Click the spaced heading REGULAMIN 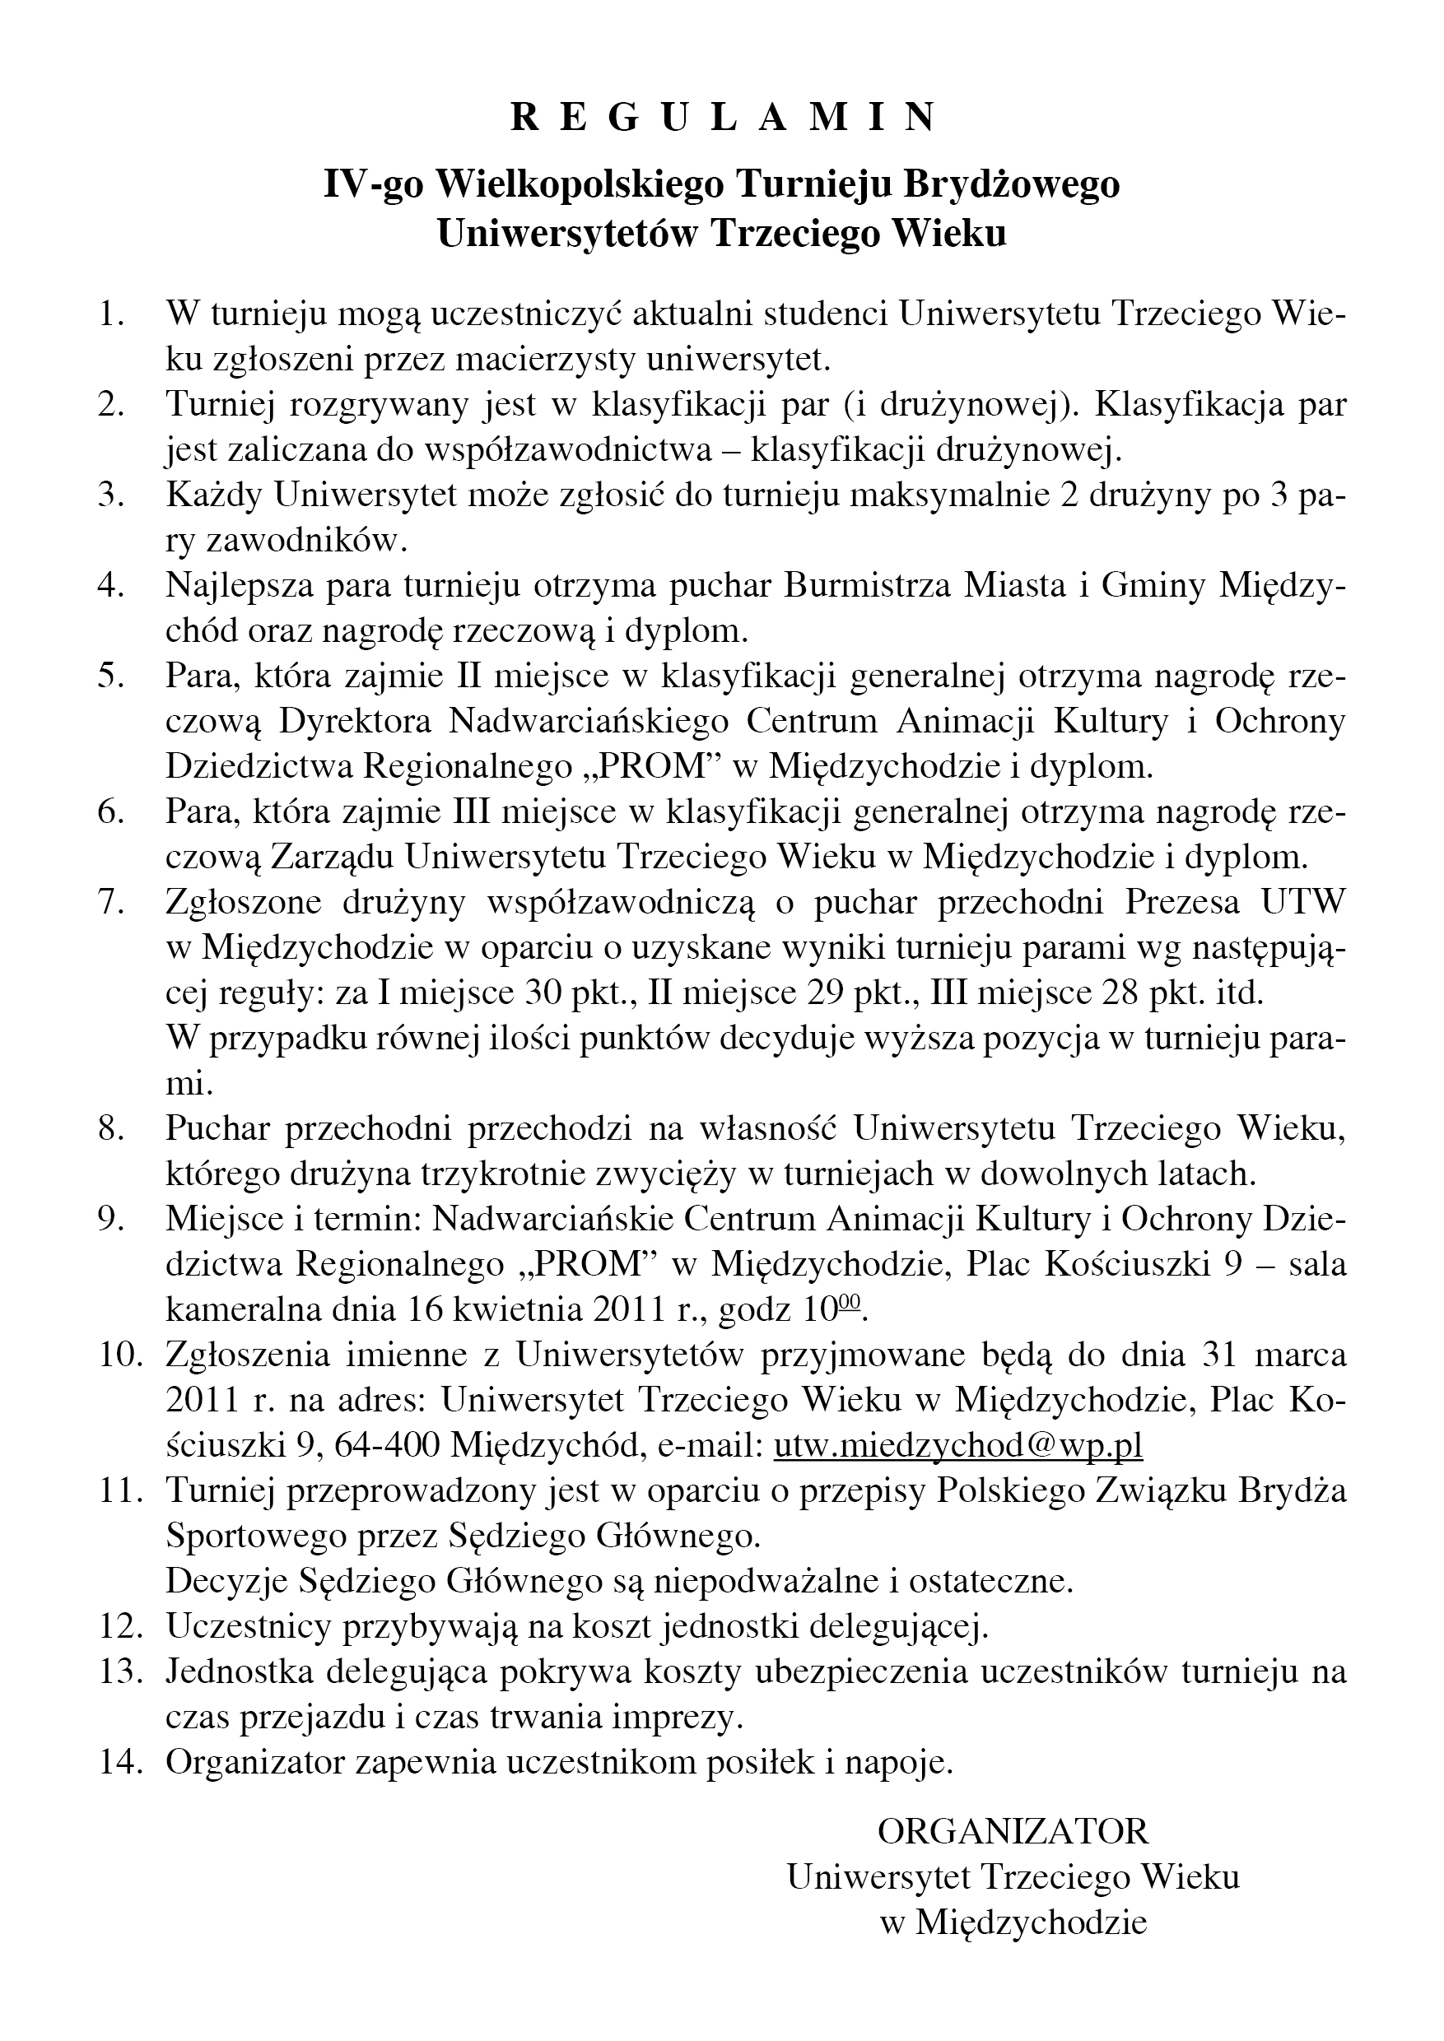point(722,118)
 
